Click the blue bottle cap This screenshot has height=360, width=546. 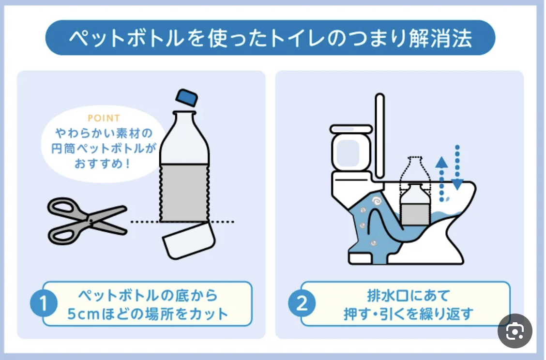click(x=187, y=97)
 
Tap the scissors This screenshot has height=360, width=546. click(x=88, y=221)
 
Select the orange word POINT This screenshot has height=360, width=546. click(x=104, y=118)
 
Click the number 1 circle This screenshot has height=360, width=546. click(x=44, y=303)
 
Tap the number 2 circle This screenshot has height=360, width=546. click(x=302, y=303)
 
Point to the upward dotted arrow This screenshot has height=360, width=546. click(x=441, y=179)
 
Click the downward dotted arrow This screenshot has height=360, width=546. click(x=457, y=167)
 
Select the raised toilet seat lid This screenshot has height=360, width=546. click(x=380, y=136)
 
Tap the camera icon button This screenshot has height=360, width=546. click(x=515, y=331)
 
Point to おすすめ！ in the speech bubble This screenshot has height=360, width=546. click(x=103, y=163)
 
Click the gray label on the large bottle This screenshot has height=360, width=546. click(x=184, y=193)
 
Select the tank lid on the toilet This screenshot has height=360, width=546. click(x=351, y=129)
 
